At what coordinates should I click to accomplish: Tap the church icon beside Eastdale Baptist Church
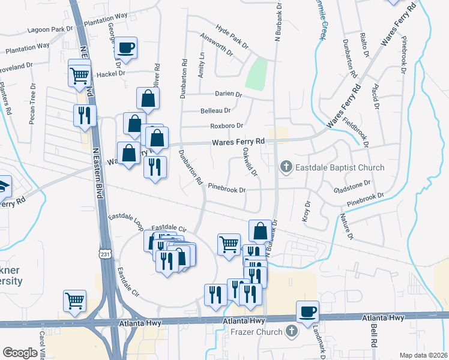pos(286,167)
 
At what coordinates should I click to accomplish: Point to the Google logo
pos(20,353)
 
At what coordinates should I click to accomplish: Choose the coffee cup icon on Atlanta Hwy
pos(308,311)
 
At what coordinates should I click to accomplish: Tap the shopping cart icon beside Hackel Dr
pos(79,75)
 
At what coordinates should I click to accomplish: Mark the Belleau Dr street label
pos(215,111)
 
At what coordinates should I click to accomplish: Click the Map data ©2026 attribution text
pos(423,355)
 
